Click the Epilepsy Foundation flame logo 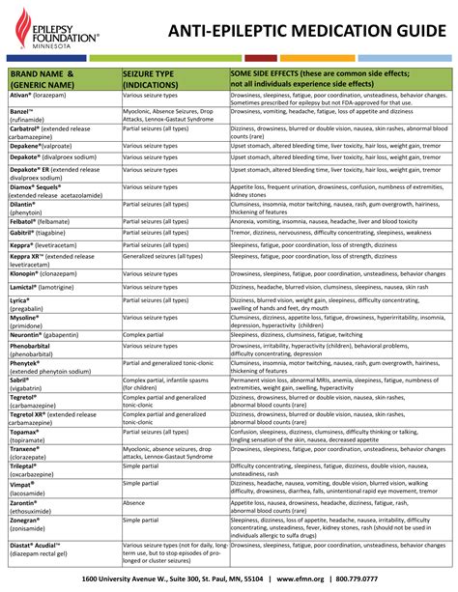tap(19, 27)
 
